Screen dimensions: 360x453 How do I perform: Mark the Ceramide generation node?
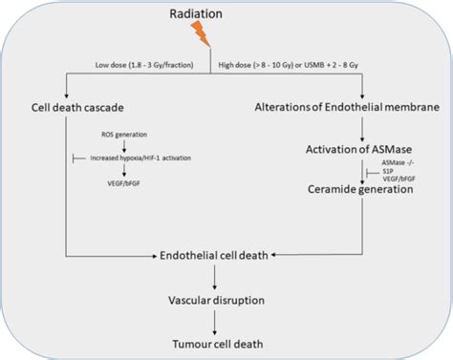coord(368,189)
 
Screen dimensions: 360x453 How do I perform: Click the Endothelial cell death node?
coord(220,256)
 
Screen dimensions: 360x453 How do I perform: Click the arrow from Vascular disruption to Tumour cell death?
coord(220,321)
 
